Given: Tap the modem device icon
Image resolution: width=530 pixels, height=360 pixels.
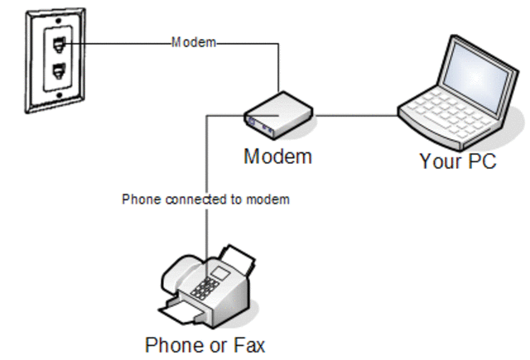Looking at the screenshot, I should click(x=277, y=115).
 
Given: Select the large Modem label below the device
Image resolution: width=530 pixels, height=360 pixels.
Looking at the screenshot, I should click(x=277, y=156).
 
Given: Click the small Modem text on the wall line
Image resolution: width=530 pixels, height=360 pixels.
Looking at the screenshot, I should click(x=194, y=42).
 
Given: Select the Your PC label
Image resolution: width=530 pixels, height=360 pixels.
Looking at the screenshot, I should click(x=458, y=161).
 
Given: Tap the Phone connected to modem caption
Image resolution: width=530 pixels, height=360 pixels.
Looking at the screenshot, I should click(x=205, y=199).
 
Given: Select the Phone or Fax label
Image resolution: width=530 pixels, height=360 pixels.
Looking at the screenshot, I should click(x=205, y=343).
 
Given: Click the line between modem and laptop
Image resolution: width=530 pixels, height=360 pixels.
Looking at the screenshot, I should click(x=356, y=116).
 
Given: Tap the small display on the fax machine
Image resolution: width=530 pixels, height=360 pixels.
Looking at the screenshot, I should click(x=219, y=272).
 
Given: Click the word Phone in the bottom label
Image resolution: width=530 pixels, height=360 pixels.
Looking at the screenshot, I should click(x=171, y=343).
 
